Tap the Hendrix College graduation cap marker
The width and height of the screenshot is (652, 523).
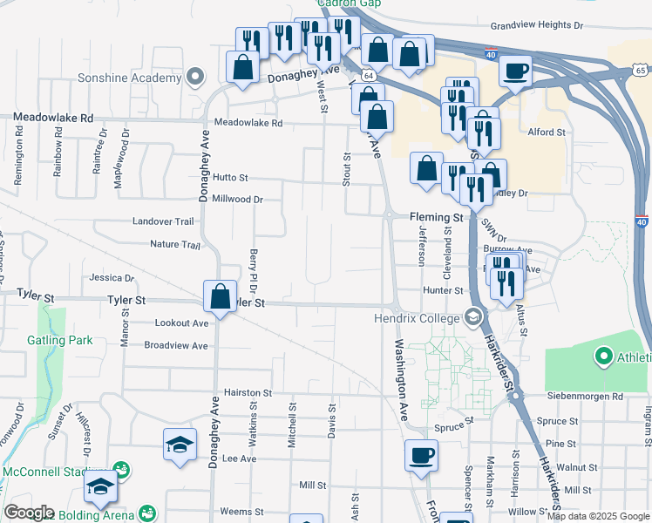coord(473,317)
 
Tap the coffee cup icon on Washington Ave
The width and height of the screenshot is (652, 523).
coord(421,455)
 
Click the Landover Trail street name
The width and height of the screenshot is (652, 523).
coord(163,222)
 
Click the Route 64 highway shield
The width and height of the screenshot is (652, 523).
coord(370,77)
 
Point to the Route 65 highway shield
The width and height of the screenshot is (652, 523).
coord(642,70)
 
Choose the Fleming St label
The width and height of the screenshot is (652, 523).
coord(437,216)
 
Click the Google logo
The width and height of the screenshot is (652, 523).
coord(29,513)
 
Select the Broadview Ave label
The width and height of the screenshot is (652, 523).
coord(176,345)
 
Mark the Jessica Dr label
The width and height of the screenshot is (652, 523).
coord(112,278)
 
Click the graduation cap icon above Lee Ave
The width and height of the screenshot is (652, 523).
coord(180,445)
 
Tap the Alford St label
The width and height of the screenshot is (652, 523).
coord(547,132)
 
